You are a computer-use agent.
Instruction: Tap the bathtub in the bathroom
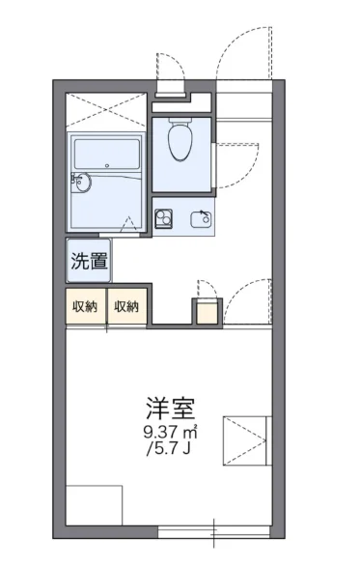click(x=107, y=154)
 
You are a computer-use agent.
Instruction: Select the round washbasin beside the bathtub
click(x=83, y=183)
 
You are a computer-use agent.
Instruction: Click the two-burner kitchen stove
click(x=164, y=218)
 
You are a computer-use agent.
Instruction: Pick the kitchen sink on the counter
click(x=201, y=218)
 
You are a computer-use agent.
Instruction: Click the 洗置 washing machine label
click(x=89, y=261)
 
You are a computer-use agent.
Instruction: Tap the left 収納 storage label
click(x=85, y=306)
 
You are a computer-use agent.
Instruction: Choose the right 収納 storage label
click(x=126, y=306)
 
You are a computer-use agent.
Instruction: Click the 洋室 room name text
click(x=170, y=408)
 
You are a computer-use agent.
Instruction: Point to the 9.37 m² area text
click(x=170, y=432)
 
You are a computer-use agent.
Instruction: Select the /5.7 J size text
click(x=168, y=449)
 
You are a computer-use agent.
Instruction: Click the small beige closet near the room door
click(x=208, y=311)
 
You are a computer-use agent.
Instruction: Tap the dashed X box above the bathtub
click(x=106, y=110)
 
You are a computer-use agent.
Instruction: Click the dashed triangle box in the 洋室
click(x=246, y=440)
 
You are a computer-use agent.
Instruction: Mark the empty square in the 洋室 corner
click(x=94, y=505)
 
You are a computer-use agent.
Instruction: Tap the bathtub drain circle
click(x=107, y=166)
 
